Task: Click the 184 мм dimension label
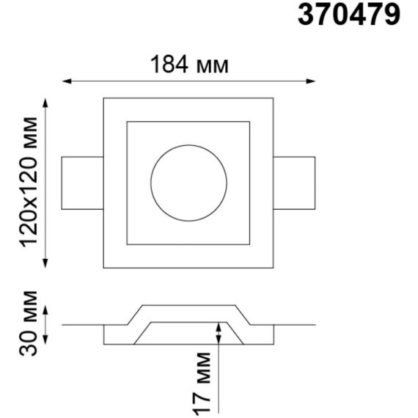point(190,65)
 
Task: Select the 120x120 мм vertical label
point(30,182)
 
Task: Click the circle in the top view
point(188,183)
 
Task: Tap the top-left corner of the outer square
point(103,97)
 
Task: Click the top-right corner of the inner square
point(249,121)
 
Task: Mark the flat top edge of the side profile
point(188,305)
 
